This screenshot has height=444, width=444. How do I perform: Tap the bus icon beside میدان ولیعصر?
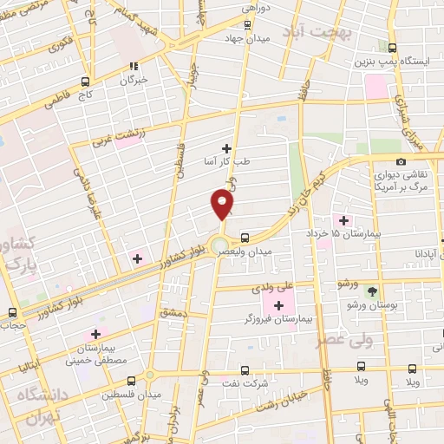click(245, 237)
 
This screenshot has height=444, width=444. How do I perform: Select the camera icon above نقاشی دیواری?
click(401, 161)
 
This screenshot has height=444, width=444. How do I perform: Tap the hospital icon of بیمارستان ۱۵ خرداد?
click(343, 220)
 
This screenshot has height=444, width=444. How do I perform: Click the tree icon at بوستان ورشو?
click(373, 291)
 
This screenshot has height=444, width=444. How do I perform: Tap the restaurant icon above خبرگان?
click(133, 66)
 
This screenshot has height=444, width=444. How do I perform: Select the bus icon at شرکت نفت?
click(244, 369)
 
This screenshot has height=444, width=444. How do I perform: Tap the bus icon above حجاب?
click(12, 312)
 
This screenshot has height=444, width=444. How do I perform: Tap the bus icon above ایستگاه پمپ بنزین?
click(393, 49)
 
